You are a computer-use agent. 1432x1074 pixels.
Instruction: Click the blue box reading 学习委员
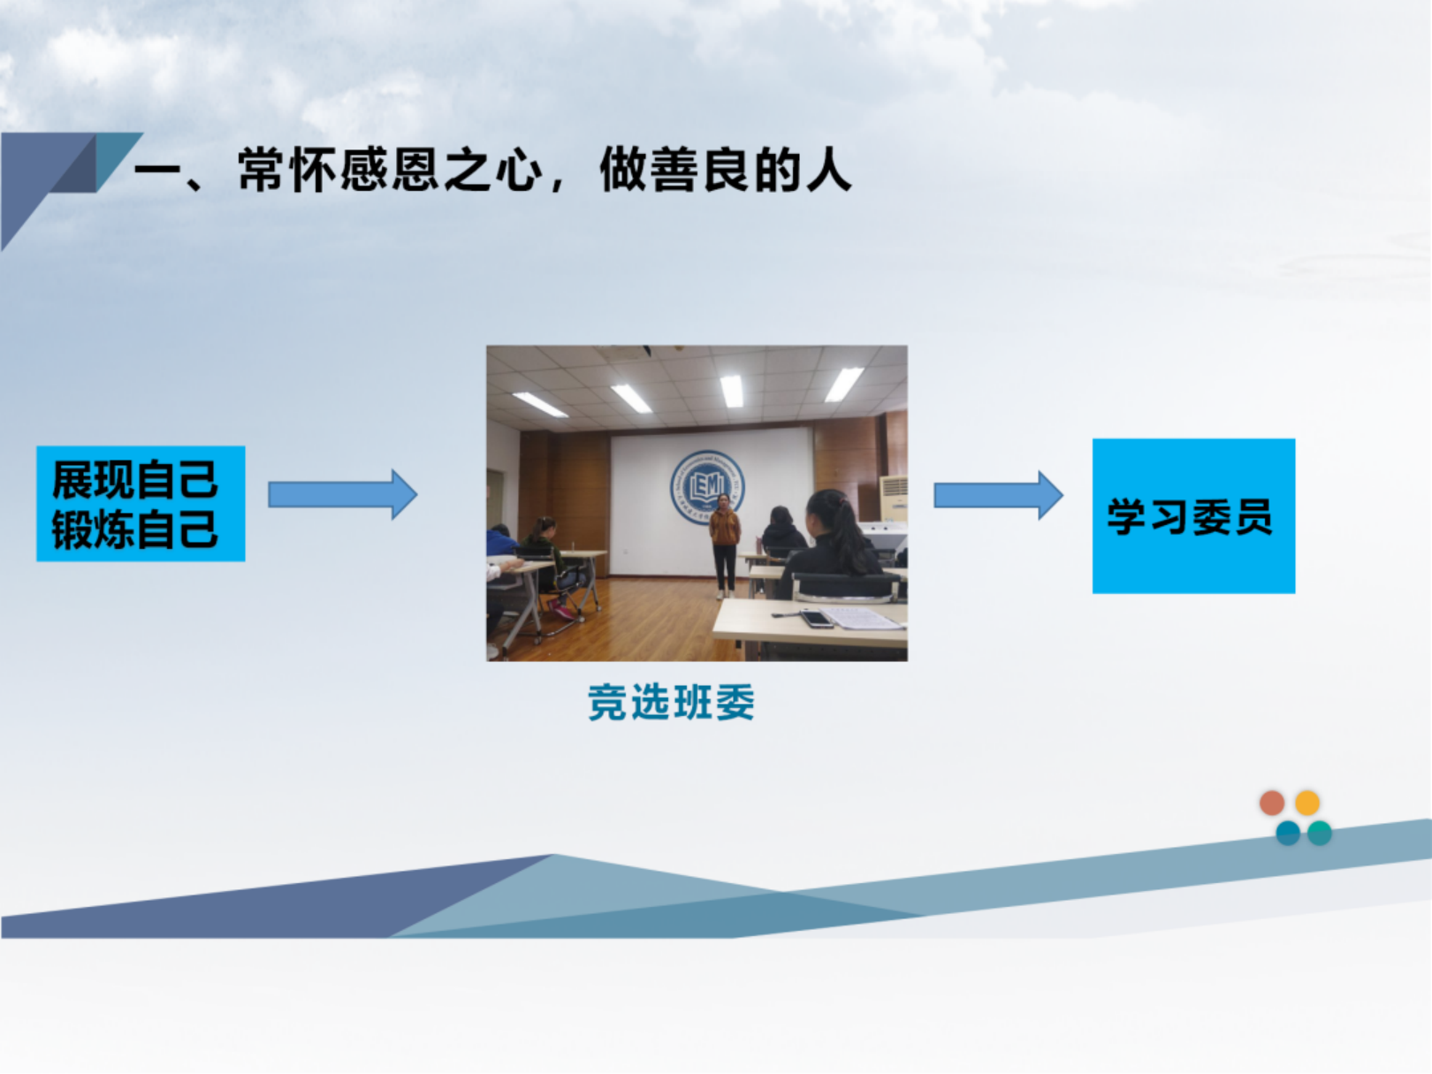1193,516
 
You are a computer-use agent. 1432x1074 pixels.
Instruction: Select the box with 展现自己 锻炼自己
141,504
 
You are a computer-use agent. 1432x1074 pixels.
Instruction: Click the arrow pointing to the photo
342,494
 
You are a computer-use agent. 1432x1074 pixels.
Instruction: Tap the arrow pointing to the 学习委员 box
998,495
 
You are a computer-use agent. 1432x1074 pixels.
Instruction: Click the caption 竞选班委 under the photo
671,703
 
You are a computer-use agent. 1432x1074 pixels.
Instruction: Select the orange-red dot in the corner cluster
1271,803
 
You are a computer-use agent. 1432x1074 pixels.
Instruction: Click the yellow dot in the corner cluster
1307,803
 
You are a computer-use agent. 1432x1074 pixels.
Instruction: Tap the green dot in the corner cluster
1319,834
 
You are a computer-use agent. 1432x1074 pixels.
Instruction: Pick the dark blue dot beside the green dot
1288,834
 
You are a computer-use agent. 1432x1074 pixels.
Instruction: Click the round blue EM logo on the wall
706,486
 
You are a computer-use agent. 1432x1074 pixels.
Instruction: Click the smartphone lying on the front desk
816,618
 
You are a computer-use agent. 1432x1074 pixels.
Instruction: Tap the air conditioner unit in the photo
893,499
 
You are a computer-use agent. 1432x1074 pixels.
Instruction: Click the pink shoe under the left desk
562,611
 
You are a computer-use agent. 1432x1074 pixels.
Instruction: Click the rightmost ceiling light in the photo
844,385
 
